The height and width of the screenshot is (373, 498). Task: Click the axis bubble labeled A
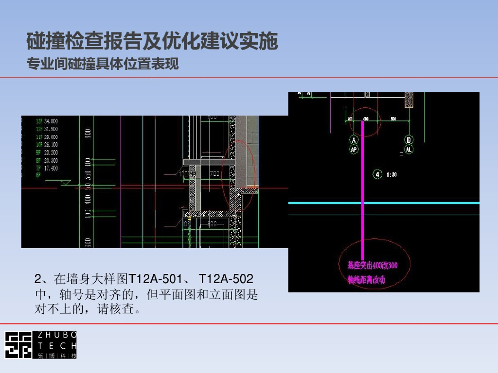354,140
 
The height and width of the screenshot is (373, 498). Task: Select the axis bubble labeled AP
354,150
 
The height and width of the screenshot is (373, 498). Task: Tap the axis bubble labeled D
409,140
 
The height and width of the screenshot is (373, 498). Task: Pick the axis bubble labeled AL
409,150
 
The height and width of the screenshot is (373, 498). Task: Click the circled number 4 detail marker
377,174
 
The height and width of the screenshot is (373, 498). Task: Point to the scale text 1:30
391,174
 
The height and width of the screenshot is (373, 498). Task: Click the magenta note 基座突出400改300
372,265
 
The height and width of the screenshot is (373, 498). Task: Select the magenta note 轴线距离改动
366,280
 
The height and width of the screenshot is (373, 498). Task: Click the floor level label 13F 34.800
47,121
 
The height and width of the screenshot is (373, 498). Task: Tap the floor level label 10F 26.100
47,145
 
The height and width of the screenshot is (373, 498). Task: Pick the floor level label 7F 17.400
47,168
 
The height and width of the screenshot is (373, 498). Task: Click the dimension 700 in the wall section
214,173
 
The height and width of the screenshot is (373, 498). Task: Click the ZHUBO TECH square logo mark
18,345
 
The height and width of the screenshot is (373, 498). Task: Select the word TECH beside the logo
57,346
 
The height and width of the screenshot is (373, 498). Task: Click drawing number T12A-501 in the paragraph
155,279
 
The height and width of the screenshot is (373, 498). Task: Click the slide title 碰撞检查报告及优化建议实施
152,41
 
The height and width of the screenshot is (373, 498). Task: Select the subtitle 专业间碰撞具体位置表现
103,64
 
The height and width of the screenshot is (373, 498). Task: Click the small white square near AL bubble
401,154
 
